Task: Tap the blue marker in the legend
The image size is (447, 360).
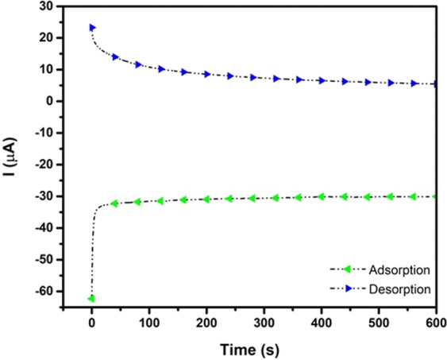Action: (349, 291)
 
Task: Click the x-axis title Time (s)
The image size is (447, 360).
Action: (248, 348)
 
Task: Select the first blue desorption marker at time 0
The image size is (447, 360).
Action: (93, 28)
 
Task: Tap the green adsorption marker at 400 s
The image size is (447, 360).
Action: (321, 196)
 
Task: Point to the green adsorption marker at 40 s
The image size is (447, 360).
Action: (115, 203)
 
